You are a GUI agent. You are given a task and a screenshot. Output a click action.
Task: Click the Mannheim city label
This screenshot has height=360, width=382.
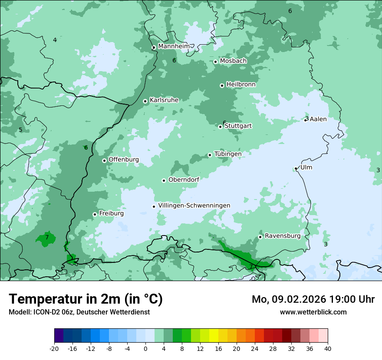point(174,46)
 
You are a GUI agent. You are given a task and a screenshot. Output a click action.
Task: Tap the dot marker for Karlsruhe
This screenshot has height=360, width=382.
point(145,101)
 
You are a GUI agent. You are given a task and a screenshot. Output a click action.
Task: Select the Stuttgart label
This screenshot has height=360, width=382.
point(238,126)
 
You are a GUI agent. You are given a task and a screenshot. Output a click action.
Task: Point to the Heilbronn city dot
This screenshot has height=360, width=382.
point(222,85)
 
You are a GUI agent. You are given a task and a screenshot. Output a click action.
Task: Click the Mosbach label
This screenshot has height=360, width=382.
point(233,61)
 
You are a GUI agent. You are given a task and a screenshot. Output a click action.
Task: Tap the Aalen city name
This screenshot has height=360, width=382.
point(318,119)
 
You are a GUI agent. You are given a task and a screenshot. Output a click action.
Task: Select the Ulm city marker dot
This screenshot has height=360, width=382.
point(296,169)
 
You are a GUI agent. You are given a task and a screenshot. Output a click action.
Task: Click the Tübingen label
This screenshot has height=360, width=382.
point(228,154)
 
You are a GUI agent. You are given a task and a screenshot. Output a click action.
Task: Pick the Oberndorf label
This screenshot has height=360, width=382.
point(184,180)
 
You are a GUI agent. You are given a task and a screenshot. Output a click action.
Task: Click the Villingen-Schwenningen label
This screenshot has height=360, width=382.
point(194,206)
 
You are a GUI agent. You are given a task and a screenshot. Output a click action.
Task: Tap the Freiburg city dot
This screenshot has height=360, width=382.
point(95,214)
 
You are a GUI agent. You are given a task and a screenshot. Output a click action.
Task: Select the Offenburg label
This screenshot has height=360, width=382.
point(124,160)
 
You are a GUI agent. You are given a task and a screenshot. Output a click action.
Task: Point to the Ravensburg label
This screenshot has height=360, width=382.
point(283,236)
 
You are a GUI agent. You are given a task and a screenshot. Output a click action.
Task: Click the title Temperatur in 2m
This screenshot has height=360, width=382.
point(86,299)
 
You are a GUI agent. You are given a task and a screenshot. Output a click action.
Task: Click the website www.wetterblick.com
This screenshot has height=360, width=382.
point(313,312)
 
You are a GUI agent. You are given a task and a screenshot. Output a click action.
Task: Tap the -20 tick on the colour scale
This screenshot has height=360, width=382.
point(54,349)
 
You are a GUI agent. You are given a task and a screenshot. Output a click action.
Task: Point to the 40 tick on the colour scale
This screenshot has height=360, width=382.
point(328,349)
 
